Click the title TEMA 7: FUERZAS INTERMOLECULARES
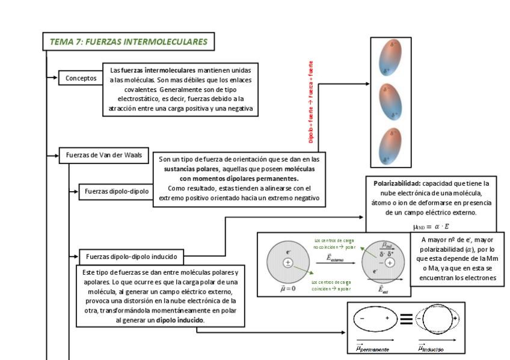pos(128,41)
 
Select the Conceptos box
pos(81,78)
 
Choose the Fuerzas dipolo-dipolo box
pos(116,191)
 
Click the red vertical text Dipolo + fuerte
pos(311,102)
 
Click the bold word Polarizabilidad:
pos(396,183)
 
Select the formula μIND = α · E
pos(431,227)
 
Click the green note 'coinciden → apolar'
pos(331,285)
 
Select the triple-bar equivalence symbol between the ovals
pos(406,319)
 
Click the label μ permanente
pos(372,349)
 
